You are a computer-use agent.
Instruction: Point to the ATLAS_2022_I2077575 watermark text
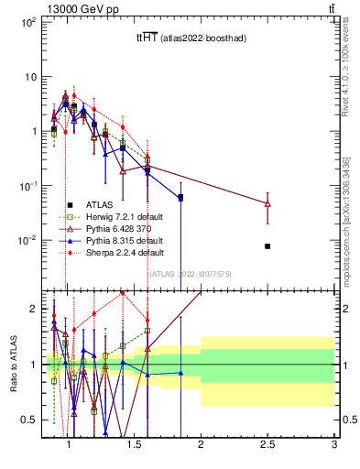(x=191, y=273)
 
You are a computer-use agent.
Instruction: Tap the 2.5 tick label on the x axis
(x=267, y=446)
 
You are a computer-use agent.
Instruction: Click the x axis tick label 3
(x=334, y=446)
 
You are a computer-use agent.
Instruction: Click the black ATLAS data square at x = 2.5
(x=267, y=246)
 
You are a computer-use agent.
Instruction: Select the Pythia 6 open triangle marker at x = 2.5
(x=267, y=203)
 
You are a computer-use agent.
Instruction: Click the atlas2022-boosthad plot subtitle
(x=192, y=38)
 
